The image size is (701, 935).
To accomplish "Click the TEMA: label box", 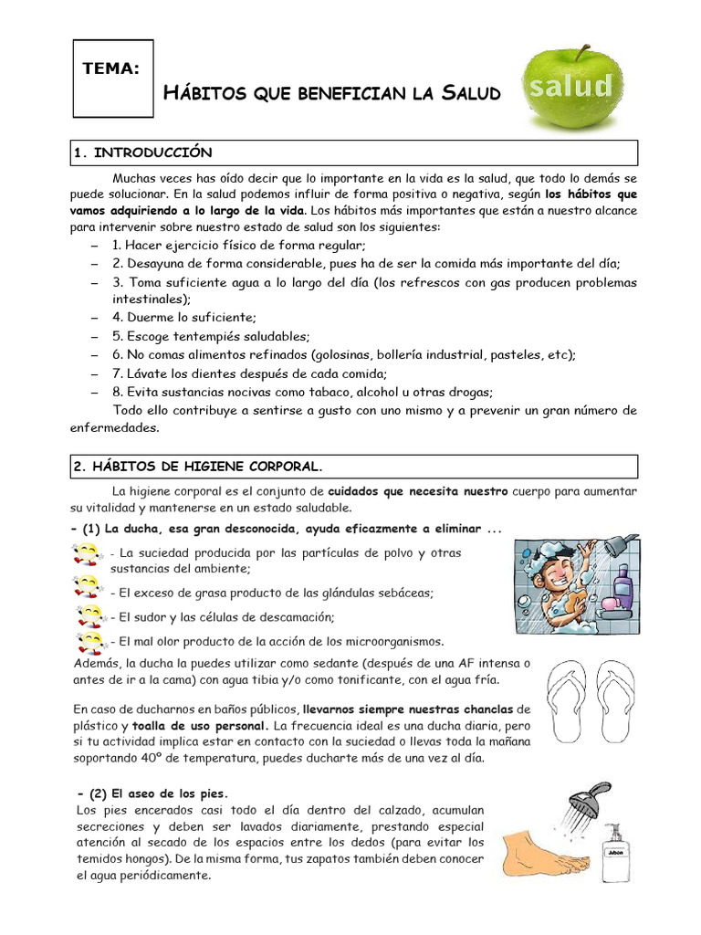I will pyautogui.click(x=113, y=79).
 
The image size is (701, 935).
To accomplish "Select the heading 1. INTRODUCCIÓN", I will pyautogui.click(x=141, y=152).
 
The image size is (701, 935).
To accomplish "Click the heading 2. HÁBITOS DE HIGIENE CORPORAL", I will pyautogui.click(x=197, y=466).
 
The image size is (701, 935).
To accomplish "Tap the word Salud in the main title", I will pyautogui.click(x=471, y=93).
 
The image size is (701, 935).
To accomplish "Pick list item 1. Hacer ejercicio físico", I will pyautogui.click(x=238, y=245).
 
